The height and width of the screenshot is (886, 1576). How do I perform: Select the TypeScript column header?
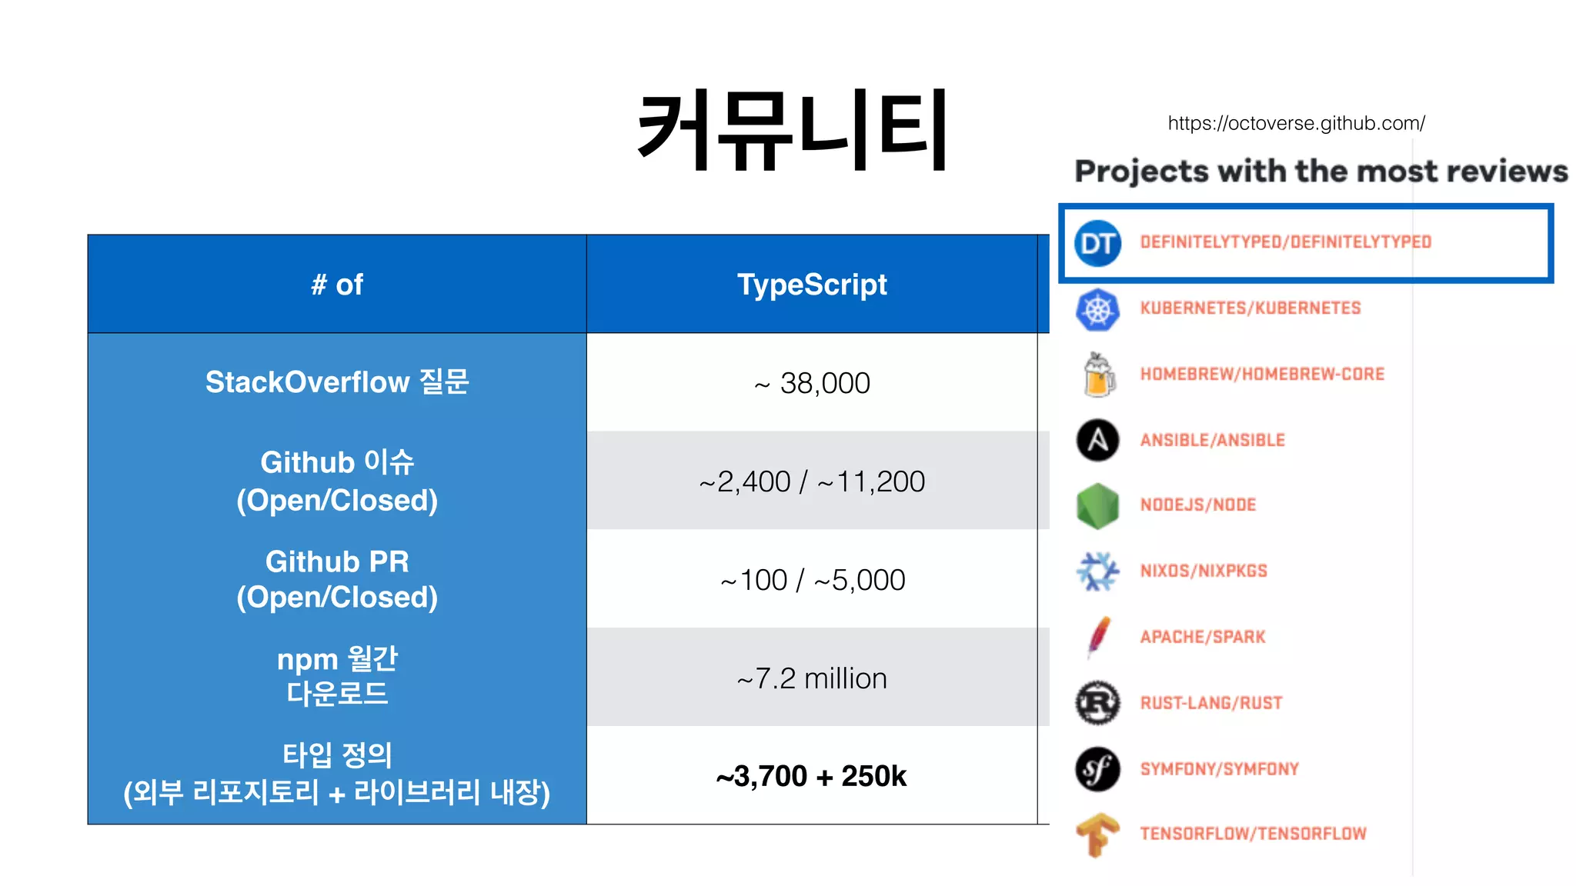pos(812,285)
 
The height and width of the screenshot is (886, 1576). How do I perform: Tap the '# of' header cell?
pos(337,285)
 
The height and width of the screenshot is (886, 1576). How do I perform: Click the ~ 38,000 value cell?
pos(812,383)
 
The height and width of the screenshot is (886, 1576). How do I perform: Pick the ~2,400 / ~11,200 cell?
pos(812,481)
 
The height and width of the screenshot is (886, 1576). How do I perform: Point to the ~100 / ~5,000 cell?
pos(812,580)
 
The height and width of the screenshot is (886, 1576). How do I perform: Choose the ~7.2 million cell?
pos(812,678)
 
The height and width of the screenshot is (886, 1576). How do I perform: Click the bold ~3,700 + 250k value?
pos(812,776)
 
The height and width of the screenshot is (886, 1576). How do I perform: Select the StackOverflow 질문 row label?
pos(337,382)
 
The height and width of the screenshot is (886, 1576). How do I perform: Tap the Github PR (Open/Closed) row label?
pos(337,579)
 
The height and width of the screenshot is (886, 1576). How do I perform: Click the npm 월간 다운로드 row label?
pos(337,677)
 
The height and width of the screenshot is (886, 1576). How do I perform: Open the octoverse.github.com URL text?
pos(1296,123)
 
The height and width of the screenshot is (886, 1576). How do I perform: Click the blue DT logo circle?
pos(1097,243)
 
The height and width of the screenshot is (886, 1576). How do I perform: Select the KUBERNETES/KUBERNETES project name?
pos(1250,308)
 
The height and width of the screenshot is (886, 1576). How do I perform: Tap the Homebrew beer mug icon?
pos(1098,375)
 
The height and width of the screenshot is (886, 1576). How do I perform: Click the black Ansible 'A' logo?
pos(1097,440)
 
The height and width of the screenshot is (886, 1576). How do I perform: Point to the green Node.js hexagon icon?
pos(1097,505)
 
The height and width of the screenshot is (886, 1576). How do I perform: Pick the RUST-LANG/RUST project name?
pos(1211,703)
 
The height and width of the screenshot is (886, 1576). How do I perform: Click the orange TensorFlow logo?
pos(1097,834)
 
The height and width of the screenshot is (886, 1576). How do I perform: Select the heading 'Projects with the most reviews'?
pos(1321,171)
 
